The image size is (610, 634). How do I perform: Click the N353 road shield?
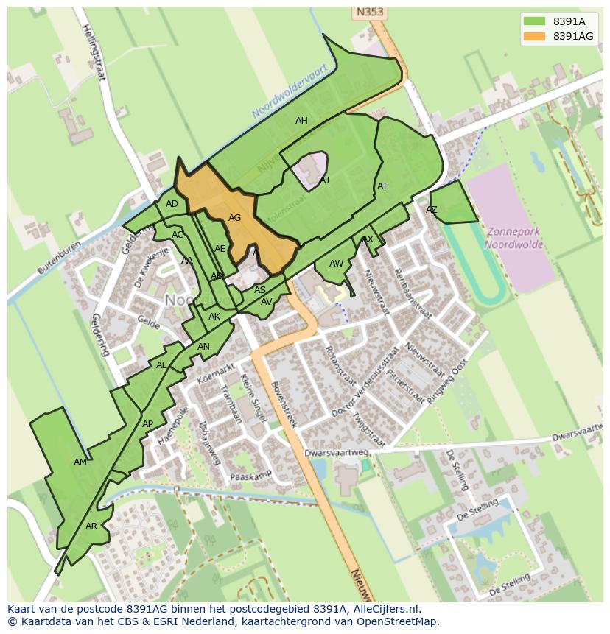[369, 13]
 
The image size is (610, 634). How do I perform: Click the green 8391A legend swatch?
[534, 21]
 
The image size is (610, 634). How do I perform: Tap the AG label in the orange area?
[234, 218]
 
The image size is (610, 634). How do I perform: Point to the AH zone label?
[301, 121]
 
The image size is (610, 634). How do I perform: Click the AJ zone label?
[324, 180]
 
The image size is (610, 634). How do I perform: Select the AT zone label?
[382, 186]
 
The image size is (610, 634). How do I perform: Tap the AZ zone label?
[432, 210]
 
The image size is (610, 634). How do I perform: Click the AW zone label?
[336, 264]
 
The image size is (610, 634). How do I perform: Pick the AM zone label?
[80, 462]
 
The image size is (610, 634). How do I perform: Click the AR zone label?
[91, 526]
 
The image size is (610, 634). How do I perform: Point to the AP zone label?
[147, 424]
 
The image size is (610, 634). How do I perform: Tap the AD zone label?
[172, 205]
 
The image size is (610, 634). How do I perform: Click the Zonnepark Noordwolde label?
[513, 237]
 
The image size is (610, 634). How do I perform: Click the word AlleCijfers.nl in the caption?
[383, 609]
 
